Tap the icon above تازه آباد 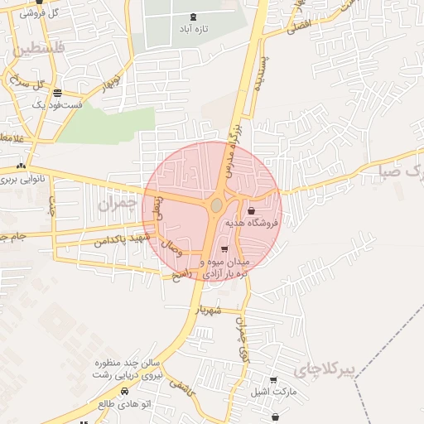pos(194,17)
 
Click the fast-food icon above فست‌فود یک pos(56,93)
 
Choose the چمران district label pos(116,203)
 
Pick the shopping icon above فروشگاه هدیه pos(250,211)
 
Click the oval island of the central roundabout pos(216,205)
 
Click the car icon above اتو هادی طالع pos(124,390)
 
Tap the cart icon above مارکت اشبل pos(273,380)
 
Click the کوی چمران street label pos(243,340)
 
